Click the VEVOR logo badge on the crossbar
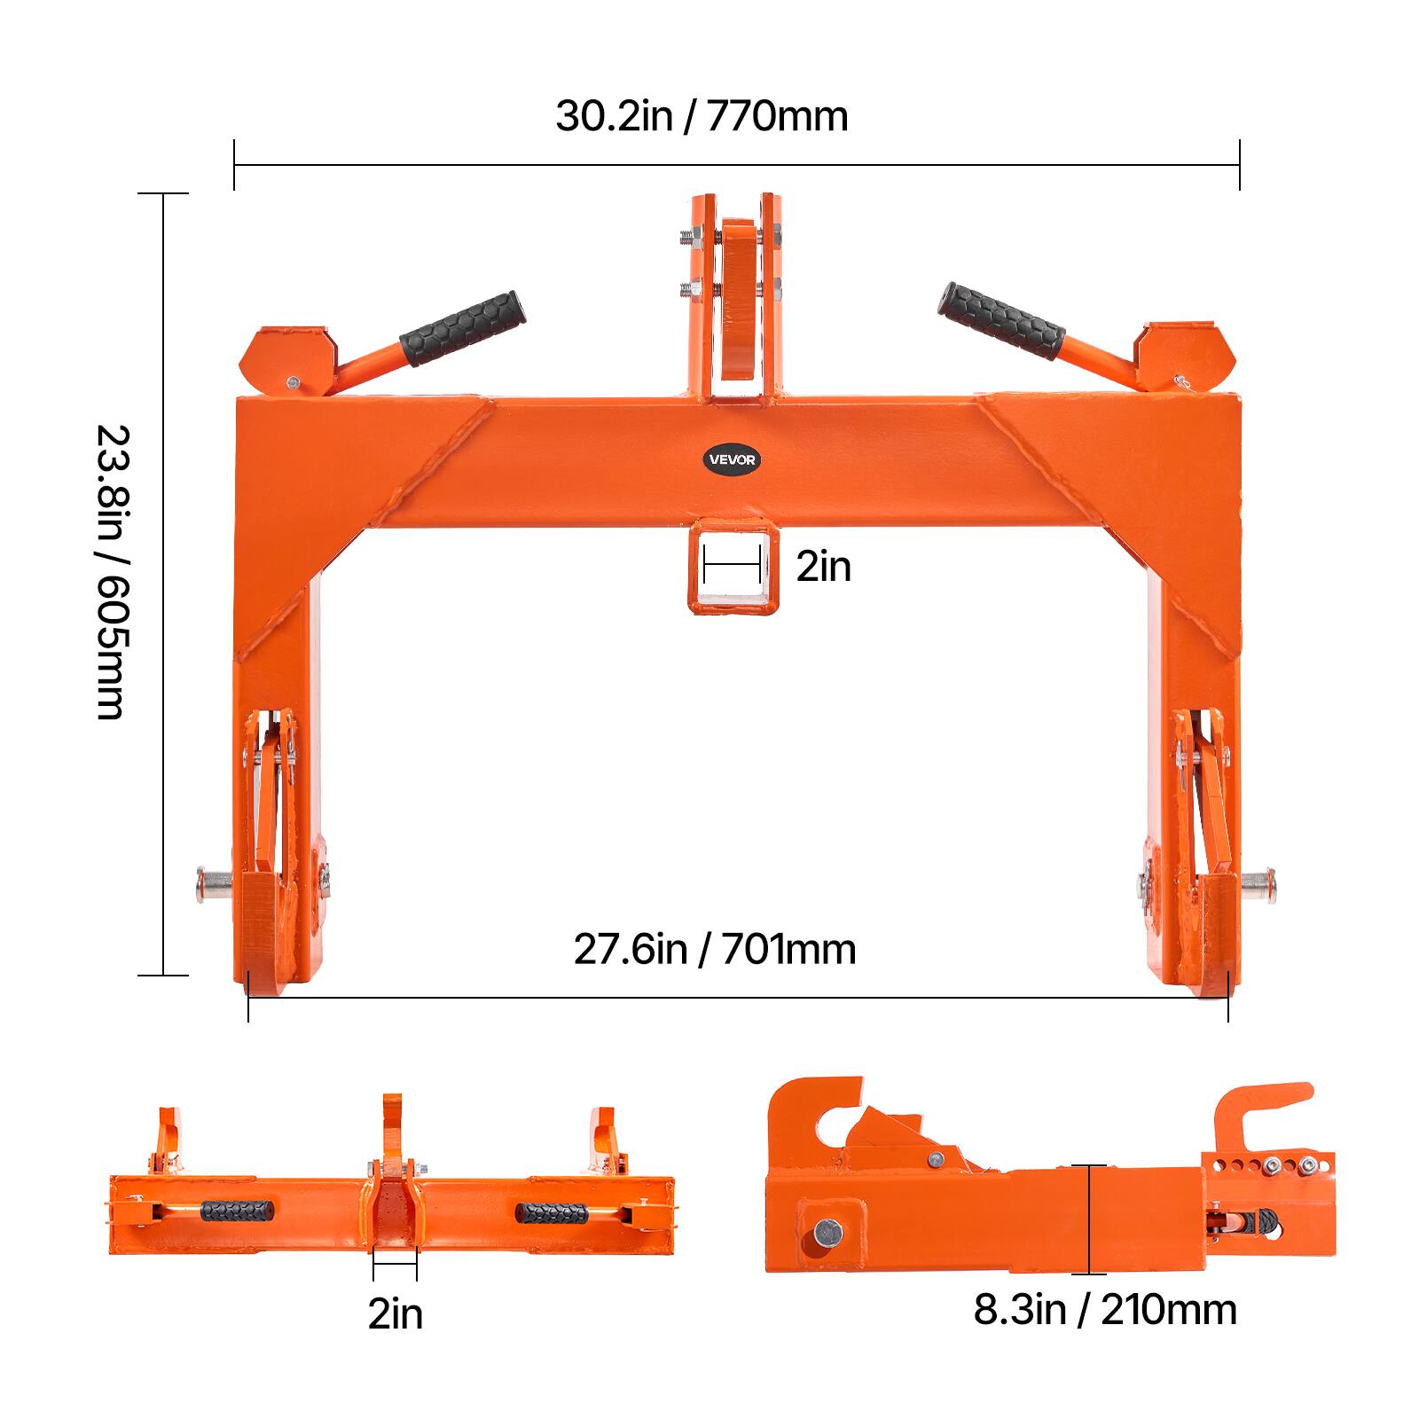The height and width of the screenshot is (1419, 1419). pos(733,459)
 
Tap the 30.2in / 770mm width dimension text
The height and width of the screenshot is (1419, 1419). pos(702,116)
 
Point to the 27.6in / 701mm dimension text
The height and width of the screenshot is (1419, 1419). pos(714,949)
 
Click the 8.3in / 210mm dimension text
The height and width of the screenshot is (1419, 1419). pos(1104,1310)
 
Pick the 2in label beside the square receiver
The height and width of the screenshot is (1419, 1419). pos(823,567)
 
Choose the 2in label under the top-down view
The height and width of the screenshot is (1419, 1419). pos(396,1313)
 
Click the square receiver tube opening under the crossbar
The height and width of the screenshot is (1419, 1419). pos(733,576)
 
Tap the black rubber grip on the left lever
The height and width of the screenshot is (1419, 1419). pos(462,328)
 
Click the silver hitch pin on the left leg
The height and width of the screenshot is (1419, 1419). pos(214,884)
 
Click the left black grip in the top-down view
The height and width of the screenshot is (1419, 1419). pos(237,1211)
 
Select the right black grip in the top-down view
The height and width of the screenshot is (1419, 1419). pos(551,1212)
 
